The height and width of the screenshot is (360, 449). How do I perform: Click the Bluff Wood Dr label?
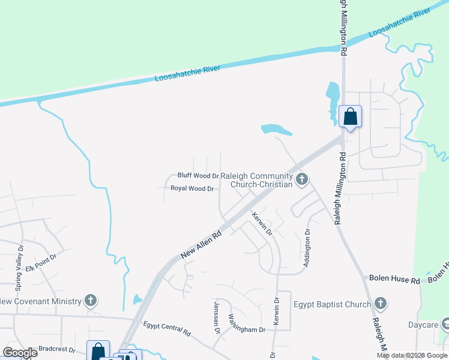[x=197, y=176]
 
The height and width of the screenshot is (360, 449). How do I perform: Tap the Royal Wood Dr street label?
[x=192, y=188]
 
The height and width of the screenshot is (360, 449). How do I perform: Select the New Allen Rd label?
[x=201, y=244]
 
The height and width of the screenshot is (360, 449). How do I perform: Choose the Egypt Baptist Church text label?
[x=332, y=304]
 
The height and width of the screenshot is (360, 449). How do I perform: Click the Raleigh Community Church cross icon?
[x=302, y=178]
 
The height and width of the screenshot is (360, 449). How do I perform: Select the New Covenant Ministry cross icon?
[x=90, y=300]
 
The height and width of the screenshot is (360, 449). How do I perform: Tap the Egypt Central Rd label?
[x=167, y=328]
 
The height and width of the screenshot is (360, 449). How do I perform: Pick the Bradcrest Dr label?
[x=56, y=349]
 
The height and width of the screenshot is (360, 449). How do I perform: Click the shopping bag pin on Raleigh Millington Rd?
[x=350, y=116]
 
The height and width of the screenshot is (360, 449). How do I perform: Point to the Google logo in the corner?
[x=20, y=353]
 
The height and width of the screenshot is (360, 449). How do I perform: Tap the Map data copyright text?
[x=412, y=355]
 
